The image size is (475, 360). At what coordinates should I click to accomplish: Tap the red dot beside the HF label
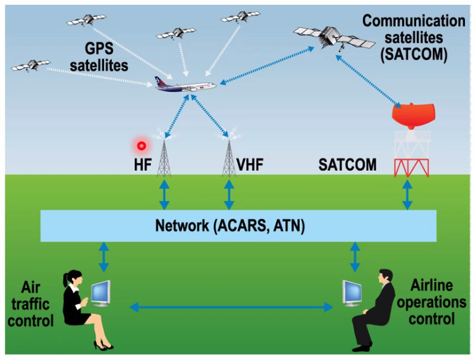141,145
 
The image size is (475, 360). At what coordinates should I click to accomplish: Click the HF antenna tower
164,156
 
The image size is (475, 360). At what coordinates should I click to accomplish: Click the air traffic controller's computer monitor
101,291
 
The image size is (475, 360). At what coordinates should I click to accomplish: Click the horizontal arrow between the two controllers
232,307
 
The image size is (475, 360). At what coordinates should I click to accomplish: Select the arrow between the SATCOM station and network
407,195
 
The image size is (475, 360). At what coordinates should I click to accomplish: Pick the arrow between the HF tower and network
164,195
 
